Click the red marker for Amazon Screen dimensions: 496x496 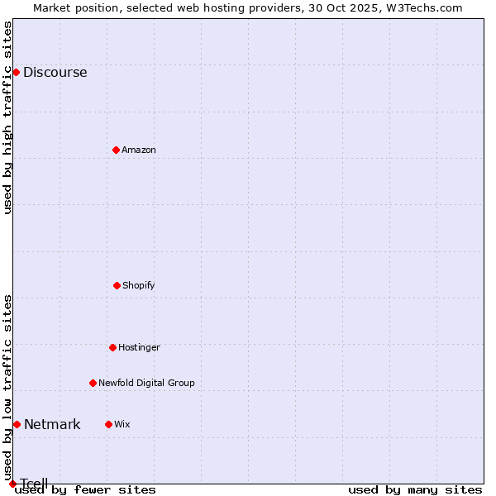point(116,150)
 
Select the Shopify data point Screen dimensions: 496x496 point(117,285)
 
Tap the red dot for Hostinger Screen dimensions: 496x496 point(112,347)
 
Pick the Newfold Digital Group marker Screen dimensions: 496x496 point(93,383)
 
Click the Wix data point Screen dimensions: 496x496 point(108,424)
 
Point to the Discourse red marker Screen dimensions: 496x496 point(16,72)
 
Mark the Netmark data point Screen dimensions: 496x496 point(17,424)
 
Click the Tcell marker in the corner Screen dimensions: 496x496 point(12,484)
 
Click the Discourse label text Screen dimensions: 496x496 point(55,72)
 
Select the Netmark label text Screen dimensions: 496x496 point(52,424)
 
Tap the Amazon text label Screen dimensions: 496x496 point(139,150)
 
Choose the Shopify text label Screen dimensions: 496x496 point(139,285)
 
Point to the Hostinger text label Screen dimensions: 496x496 point(139,347)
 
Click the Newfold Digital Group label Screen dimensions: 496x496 point(146,383)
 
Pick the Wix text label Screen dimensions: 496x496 point(122,424)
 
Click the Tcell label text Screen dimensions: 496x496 point(34,484)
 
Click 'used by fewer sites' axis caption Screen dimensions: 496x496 point(85,489)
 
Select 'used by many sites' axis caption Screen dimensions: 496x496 point(415,489)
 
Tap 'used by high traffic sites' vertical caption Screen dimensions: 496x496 point(7,117)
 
